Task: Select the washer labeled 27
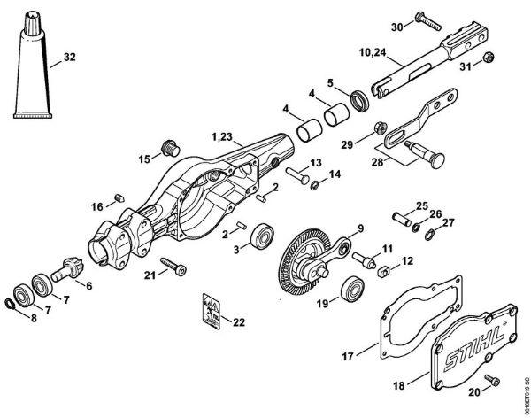click(428, 236)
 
